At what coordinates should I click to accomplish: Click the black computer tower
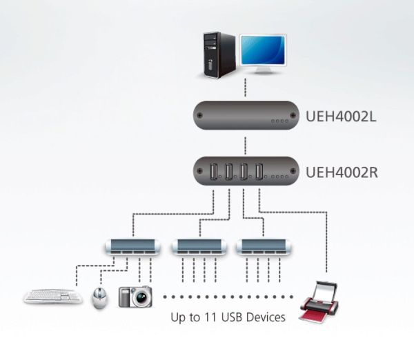pyautogui.click(x=219, y=55)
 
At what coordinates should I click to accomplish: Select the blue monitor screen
pyautogui.click(x=263, y=50)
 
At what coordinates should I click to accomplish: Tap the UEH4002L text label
pyautogui.click(x=341, y=116)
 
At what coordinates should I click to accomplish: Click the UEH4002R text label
pyautogui.click(x=342, y=172)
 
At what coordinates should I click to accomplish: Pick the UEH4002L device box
pyautogui.click(x=246, y=115)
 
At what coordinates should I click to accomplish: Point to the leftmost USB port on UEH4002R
pyautogui.click(x=214, y=172)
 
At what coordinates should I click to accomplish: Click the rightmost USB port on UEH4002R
pyautogui.click(x=259, y=172)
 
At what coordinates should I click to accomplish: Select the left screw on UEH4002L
pyautogui.click(x=200, y=115)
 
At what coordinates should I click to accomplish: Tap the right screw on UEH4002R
pyautogui.click(x=293, y=171)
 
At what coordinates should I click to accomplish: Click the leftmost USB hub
pyautogui.click(x=132, y=247)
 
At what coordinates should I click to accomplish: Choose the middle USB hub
pyautogui.click(x=199, y=247)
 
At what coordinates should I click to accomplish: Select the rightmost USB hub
pyautogui.click(x=264, y=247)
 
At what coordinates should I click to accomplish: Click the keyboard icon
pyautogui.click(x=53, y=296)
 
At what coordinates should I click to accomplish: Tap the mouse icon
pyautogui.click(x=99, y=298)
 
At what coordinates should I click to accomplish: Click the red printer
pyautogui.click(x=319, y=303)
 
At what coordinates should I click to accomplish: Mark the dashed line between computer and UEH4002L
pyautogui.click(x=245, y=88)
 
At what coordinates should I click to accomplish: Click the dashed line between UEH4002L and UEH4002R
pyautogui.click(x=245, y=146)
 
